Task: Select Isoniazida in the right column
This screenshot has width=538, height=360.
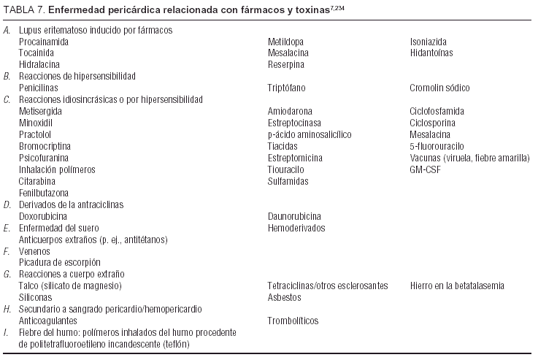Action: click(429, 42)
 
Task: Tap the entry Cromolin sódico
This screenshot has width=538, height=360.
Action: click(439, 88)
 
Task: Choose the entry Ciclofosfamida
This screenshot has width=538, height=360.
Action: click(437, 111)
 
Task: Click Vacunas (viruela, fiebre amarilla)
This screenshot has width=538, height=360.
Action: click(463, 158)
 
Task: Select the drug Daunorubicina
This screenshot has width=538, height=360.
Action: click(295, 216)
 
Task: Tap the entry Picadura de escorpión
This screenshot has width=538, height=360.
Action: click(59, 262)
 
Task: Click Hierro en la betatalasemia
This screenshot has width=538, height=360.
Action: click(457, 286)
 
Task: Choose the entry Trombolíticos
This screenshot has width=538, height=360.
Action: click(293, 321)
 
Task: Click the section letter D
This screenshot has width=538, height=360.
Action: click(7, 204)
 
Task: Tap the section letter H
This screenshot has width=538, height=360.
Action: click(7, 309)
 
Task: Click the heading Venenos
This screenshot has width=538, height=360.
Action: click(34, 251)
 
